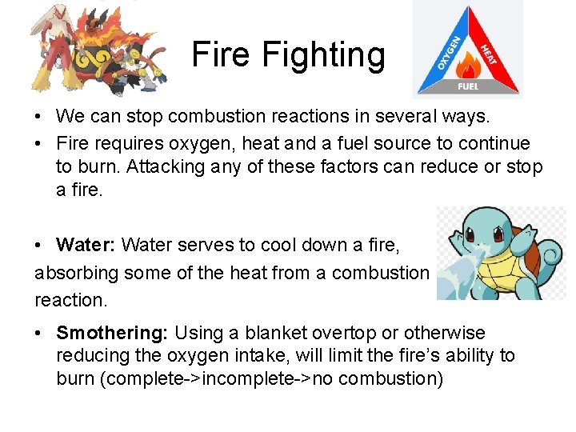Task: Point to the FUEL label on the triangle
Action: (x=468, y=86)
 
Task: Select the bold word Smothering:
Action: (x=113, y=333)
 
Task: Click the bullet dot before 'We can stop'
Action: (x=39, y=117)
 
